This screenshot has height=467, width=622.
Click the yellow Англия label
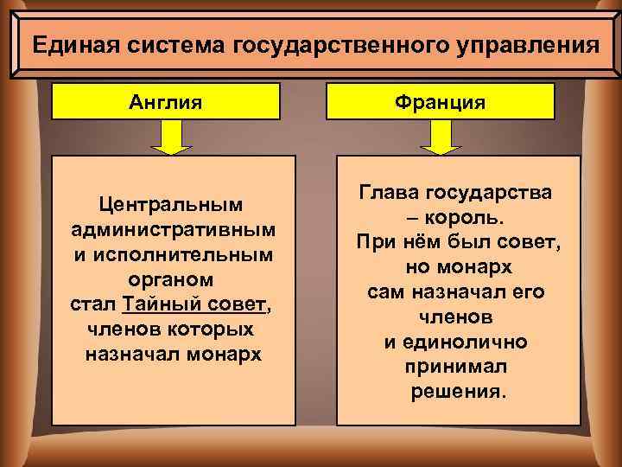click(166, 102)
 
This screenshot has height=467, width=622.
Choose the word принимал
click(456, 367)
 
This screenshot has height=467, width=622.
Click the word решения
click(456, 391)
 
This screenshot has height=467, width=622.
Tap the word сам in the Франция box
click(385, 292)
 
